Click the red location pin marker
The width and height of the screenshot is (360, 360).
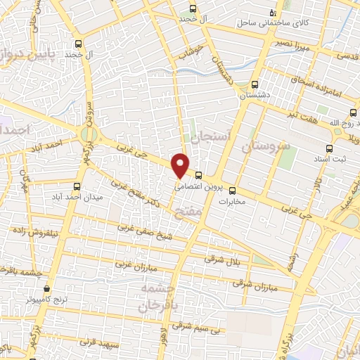point(180,166)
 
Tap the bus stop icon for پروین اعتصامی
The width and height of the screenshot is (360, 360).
point(199,175)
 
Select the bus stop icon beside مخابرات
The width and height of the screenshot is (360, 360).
point(233,189)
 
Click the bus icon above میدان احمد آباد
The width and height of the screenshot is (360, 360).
point(77,187)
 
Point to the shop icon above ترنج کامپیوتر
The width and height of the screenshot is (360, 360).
point(47,288)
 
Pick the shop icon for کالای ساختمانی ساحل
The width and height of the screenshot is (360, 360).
point(274,13)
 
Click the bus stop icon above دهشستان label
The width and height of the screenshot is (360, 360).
point(255,82)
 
